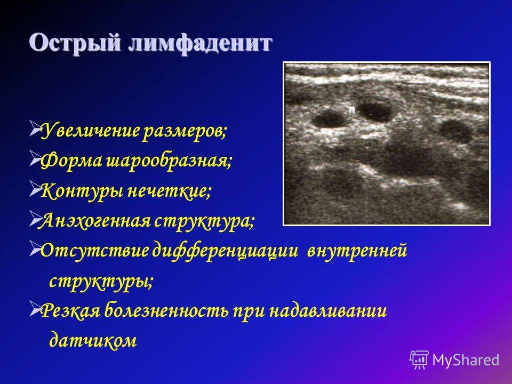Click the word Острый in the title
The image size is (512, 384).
[75, 43]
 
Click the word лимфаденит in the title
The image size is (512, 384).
[200, 43]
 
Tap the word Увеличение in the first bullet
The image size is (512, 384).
[90, 131]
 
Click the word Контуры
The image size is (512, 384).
[82, 191]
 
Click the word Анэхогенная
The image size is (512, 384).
[95, 221]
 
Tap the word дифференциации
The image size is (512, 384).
[226, 251]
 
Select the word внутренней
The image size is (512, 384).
[357, 251]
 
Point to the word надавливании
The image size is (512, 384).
[328, 311]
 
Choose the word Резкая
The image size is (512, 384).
[70, 310]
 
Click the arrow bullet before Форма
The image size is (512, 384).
[35, 158]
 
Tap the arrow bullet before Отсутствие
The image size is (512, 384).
[35, 249]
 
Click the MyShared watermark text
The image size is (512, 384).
[466, 360]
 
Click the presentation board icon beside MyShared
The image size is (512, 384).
[419, 359]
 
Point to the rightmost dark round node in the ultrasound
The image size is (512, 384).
[455, 131]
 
